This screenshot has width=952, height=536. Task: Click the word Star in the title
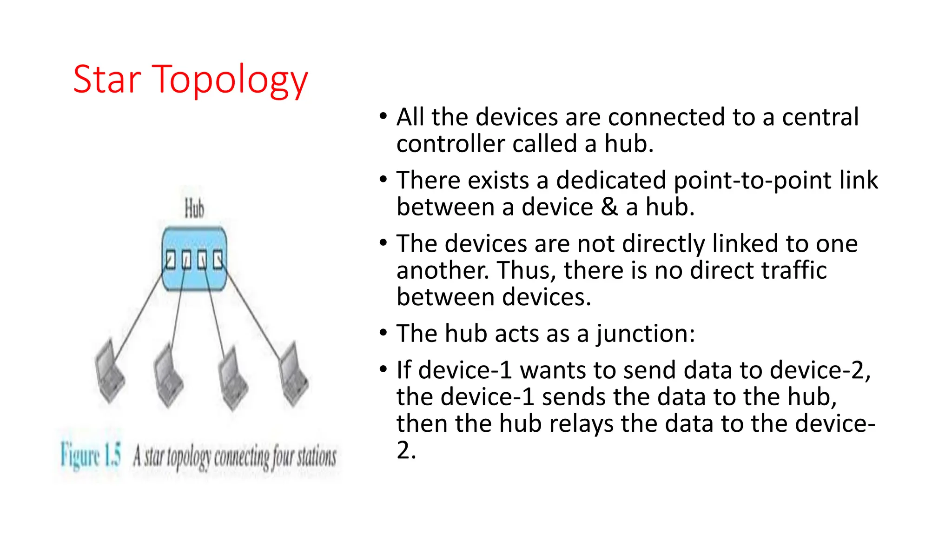(106, 80)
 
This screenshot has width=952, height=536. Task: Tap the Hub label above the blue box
(194, 208)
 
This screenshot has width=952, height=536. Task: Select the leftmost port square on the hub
(171, 260)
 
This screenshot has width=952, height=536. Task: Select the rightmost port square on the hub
(218, 260)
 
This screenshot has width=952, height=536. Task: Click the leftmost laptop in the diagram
(109, 372)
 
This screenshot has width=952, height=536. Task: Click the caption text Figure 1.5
(91, 455)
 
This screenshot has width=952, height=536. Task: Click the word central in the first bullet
(820, 117)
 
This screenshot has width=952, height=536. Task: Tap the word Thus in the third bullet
(523, 270)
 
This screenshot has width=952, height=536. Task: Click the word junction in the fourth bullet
(646, 334)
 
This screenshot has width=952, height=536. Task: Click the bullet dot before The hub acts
(383, 333)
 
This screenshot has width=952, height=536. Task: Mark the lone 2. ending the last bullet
(406, 450)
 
